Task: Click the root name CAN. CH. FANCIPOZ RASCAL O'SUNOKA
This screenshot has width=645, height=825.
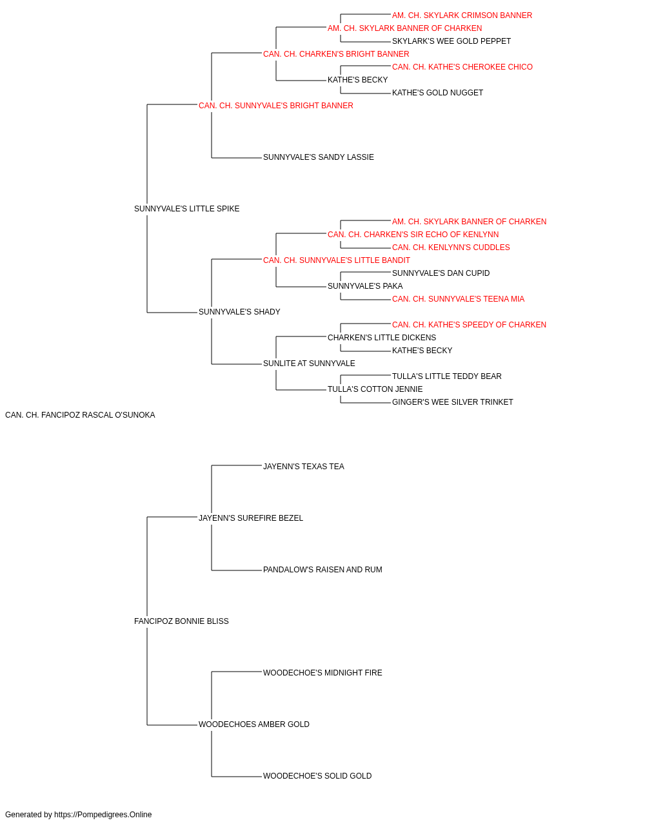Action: coord(80,415)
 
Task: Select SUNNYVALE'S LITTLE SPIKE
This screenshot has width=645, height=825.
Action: coord(186,209)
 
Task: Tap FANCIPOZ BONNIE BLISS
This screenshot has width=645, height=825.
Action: coord(181,621)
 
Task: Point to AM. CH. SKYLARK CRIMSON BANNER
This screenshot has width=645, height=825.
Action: coord(462,15)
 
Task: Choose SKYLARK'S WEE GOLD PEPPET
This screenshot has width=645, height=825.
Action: coord(451,41)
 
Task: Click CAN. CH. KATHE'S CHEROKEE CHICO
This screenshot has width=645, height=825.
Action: coord(462,67)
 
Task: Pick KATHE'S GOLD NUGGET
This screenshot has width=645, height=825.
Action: coord(437,93)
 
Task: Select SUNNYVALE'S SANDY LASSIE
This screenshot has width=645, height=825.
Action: coord(319,157)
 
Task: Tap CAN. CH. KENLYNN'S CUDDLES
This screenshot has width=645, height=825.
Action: coord(451,247)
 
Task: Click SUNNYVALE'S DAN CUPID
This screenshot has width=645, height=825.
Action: coord(441,273)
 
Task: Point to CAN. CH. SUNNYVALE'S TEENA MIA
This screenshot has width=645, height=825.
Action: coord(458,299)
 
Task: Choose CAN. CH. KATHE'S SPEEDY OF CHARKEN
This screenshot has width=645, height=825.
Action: coord(469,325)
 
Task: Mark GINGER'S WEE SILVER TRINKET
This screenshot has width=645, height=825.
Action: coord(452,402)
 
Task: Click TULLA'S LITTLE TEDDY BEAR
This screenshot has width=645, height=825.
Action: coord(447,376)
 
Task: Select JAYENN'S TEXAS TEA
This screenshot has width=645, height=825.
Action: coord(304,467)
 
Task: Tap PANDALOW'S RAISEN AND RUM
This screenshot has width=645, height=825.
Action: coord(322,570)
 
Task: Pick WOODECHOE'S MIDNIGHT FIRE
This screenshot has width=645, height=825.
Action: coord(322,673)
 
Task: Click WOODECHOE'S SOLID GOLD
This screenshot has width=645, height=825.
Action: coord(317,775)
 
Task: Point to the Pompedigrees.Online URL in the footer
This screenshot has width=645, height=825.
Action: coord(103,815)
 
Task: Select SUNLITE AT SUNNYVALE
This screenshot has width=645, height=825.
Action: coord(309,364)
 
